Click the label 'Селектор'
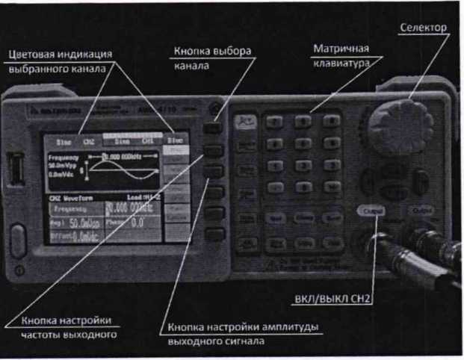[423, 28]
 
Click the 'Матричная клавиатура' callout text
[341, 56]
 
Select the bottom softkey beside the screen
[214, 234]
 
